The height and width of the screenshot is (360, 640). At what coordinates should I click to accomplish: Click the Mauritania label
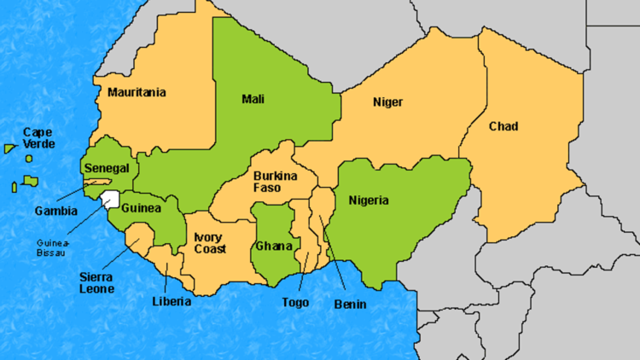click(137, 92)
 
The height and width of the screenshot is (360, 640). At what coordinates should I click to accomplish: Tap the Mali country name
click(253, 99)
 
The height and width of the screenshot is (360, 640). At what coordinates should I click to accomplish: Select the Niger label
click(387, 102)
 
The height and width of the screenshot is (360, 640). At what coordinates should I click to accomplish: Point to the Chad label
click(503, 127)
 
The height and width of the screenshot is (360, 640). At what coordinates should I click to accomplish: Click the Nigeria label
click(369, 201)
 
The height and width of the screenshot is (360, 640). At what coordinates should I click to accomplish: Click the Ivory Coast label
click(210, 243)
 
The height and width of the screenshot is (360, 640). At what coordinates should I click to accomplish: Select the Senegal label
click(107, 168)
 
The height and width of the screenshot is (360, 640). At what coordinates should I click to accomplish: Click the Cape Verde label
click(38, 138)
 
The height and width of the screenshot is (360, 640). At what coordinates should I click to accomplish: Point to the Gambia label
click(56, 211)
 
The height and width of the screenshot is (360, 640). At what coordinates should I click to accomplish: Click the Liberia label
click(172, 301)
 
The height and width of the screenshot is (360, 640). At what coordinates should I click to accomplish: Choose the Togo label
click(295, 302)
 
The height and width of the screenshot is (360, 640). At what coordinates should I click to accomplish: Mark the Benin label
click(350, 305)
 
